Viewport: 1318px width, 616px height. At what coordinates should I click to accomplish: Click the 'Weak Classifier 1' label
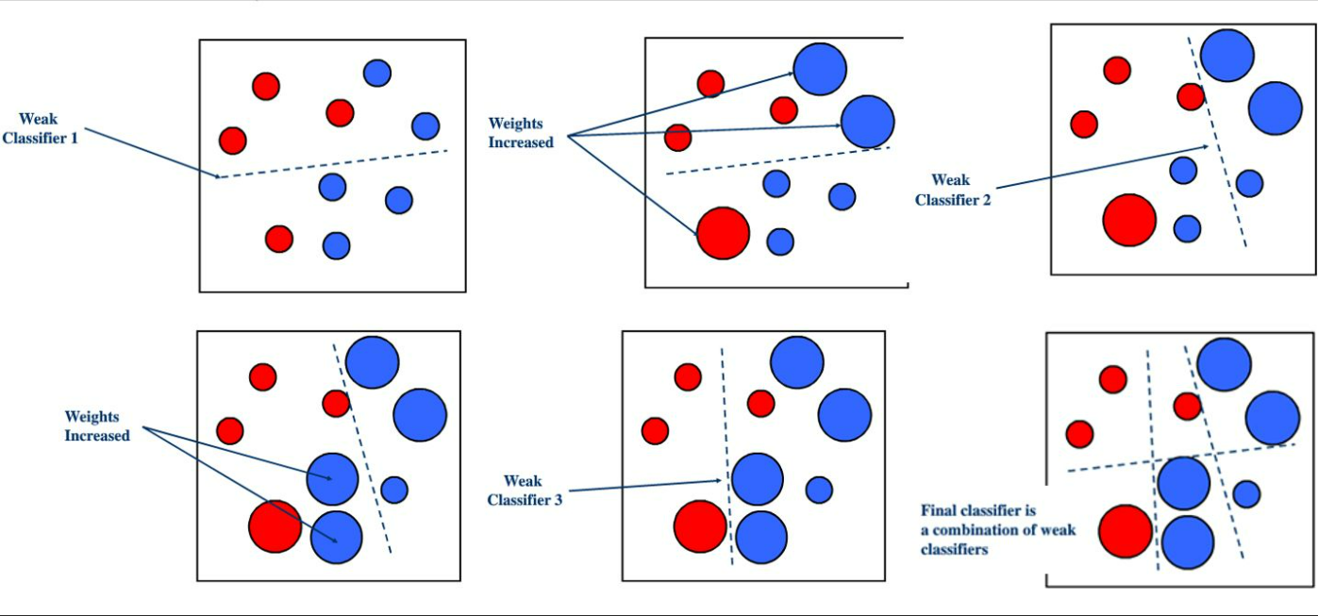click(40, 128)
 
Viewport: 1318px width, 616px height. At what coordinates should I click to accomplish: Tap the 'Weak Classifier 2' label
click(953, 190)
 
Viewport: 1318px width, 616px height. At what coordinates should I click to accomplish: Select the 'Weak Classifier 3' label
click(525, 491)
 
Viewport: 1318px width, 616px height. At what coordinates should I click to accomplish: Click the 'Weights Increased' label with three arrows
click(521, 132)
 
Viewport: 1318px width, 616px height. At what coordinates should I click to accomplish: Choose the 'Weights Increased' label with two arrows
click(97, 426)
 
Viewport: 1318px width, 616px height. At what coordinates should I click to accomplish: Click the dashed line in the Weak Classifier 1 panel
click(332, 164)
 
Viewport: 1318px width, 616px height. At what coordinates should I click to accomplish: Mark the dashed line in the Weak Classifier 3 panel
click(726, 456)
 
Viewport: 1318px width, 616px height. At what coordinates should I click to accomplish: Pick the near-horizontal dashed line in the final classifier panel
click(1181, 458)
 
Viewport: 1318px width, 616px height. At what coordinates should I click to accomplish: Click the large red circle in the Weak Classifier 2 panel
click(1129, 220)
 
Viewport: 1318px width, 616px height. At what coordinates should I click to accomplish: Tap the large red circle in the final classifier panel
click(1125, 531)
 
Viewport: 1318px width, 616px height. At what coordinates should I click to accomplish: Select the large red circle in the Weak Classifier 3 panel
click(700, 526)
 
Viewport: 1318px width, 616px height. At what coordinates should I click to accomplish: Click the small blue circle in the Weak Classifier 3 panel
click(819, 490)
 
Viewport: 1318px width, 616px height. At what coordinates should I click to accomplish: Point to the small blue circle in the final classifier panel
click(1246, 493)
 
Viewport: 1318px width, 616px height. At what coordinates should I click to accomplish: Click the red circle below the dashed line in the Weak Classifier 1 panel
click(279, 239)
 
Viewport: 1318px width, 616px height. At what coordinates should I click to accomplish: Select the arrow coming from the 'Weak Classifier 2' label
click(1102, 167)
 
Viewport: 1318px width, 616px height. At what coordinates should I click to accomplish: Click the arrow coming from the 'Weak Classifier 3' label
click(645, 486)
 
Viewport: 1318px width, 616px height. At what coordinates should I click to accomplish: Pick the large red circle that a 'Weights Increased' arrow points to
click(723, 233)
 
